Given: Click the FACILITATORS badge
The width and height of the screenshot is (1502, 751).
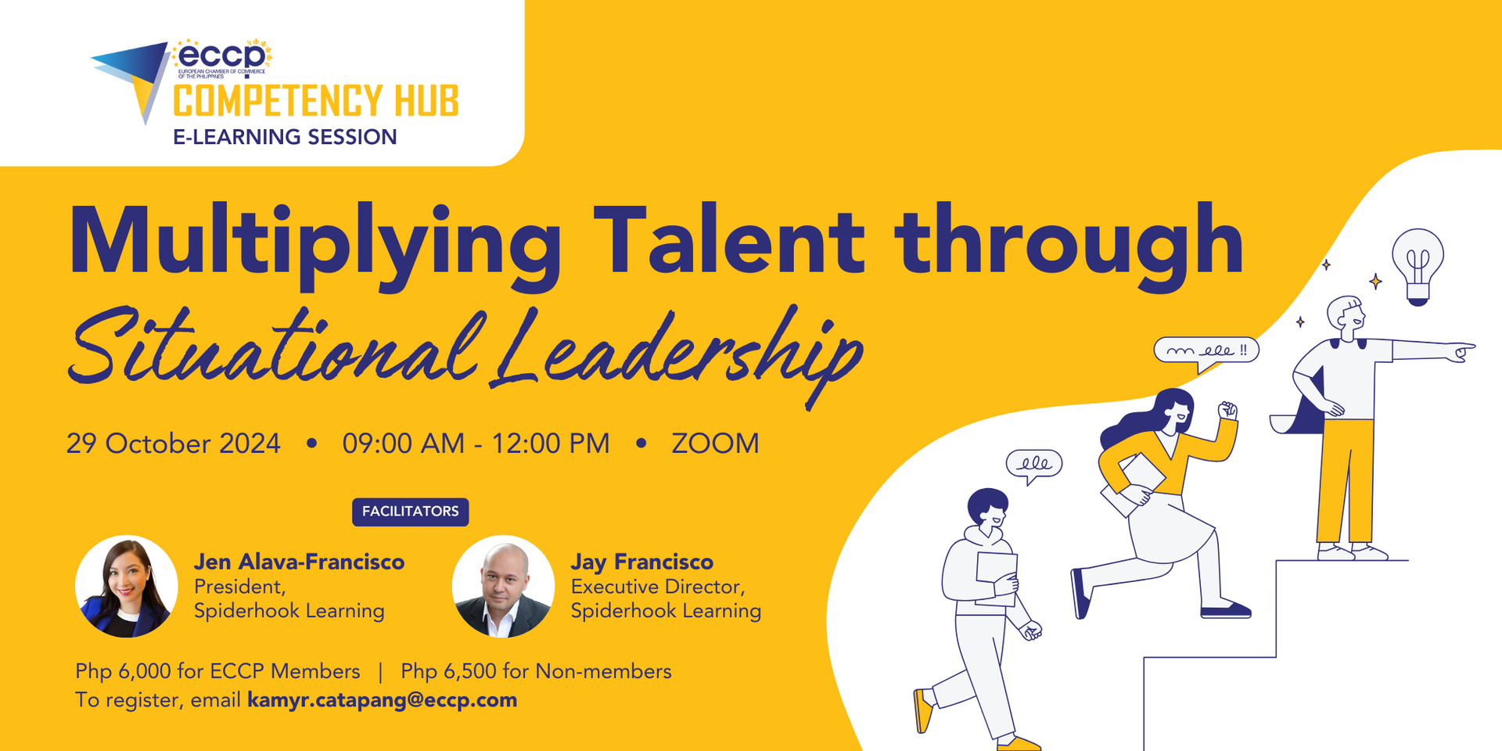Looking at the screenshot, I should point(410,512).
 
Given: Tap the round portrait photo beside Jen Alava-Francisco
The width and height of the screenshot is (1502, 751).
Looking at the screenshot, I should point(126,586).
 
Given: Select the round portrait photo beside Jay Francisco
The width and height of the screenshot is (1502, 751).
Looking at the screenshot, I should point(503,586).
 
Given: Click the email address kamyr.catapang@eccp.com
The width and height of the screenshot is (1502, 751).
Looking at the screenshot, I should point(382,699).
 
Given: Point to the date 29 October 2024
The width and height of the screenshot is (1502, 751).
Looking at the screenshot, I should point(173,444).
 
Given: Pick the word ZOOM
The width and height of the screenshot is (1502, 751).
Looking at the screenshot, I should point(715,444).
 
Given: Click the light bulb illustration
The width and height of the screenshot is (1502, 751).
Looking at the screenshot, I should point(1418,264).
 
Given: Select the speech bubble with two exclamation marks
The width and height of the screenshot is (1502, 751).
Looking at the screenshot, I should point(1206,351).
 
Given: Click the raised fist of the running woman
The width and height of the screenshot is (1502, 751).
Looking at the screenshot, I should point(1227,410).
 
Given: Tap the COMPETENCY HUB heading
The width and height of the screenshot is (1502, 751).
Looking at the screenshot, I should point(316,102).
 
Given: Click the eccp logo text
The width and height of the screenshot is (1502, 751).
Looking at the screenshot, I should point(222,56).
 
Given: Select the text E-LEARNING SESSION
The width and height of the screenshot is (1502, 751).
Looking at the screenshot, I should point(285,137).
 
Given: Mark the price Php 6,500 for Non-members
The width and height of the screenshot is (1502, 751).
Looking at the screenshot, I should point(536,671).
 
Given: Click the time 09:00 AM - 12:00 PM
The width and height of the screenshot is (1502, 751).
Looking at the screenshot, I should point(476,444).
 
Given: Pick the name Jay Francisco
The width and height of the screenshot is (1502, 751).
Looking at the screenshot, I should point(641,562).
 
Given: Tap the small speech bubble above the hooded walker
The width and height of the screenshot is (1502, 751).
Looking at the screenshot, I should point(1033,465).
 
